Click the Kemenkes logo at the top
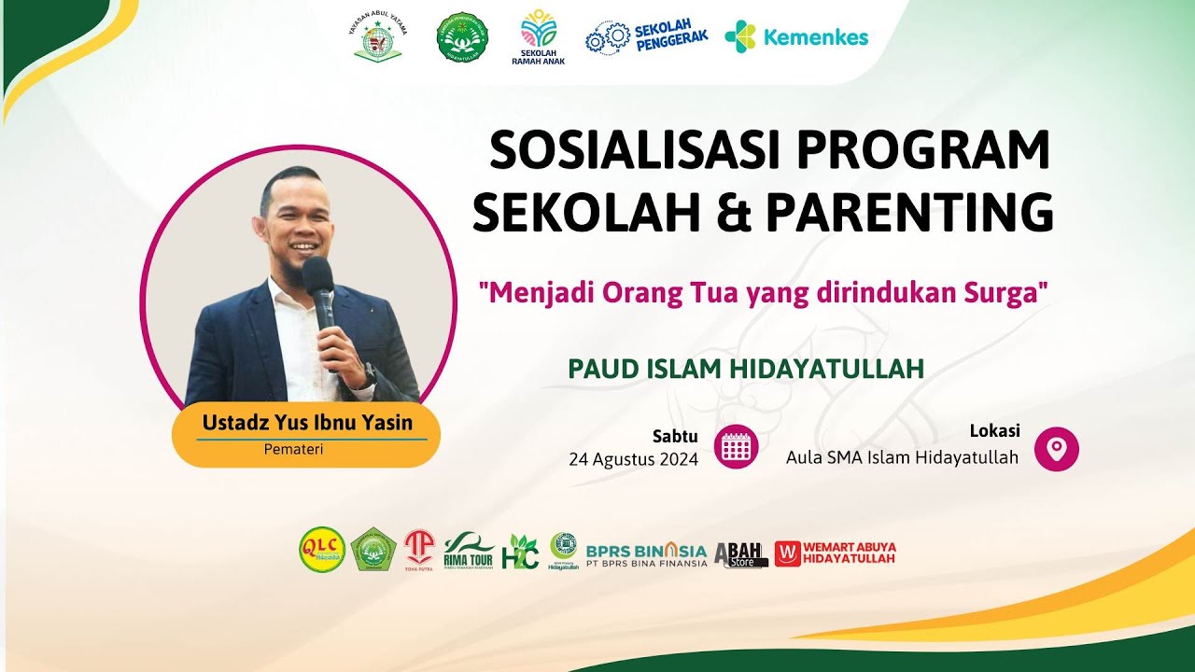pos(796,37)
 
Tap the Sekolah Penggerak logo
pos(646,36)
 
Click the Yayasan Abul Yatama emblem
pos(378,37)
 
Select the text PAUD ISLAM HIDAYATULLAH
pos(746,369)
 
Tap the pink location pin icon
pos(1056,449)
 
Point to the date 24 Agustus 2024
pos(633,459)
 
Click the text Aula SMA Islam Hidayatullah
pos(902,457)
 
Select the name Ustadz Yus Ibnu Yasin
pos(307,423)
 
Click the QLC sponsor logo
pos(322,550)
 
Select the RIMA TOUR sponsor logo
pos(469,550)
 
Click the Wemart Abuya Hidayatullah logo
pos(835,553)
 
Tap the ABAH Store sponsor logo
pos(740,554)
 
